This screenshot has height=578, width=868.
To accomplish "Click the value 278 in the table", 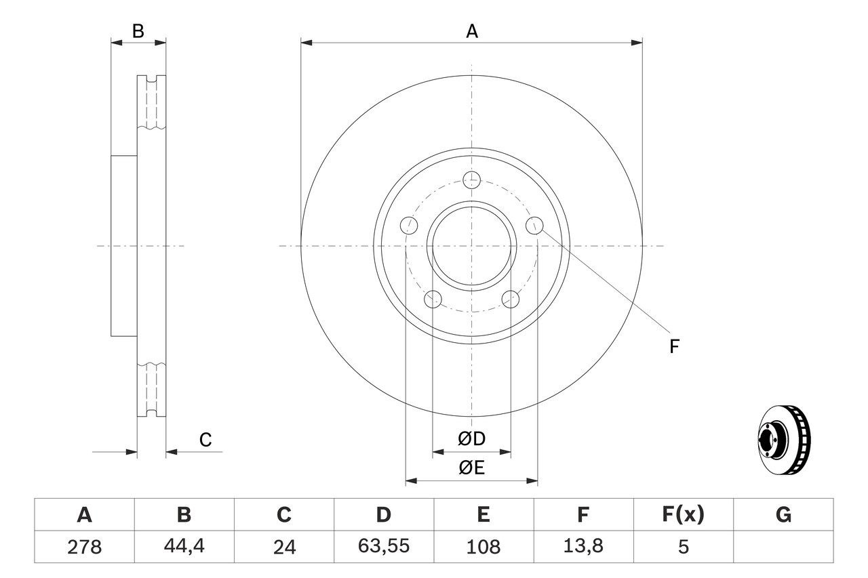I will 84,547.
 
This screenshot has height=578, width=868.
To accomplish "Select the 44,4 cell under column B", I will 184,547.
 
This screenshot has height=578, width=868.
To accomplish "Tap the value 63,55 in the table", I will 383,547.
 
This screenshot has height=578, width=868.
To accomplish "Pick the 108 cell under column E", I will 483,547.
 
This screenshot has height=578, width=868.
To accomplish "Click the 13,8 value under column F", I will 583,547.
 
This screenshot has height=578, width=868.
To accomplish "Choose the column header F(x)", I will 682,516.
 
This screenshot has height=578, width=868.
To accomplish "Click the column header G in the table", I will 783,516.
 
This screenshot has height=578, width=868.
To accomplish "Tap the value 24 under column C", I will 283,547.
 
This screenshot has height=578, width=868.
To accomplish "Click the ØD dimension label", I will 471,439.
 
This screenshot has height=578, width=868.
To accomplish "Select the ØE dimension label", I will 471,468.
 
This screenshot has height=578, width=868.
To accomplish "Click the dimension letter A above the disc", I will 472,31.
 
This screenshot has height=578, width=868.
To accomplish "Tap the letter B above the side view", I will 138,31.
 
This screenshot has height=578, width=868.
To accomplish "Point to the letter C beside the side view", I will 205,440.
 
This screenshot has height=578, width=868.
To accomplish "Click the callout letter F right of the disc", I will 674,347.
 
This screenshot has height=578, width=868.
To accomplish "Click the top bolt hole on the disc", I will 471,180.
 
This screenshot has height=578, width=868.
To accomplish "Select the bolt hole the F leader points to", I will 535,225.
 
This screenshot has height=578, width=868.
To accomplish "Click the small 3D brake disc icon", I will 783,440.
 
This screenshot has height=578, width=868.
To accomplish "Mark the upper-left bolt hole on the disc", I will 408,225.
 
